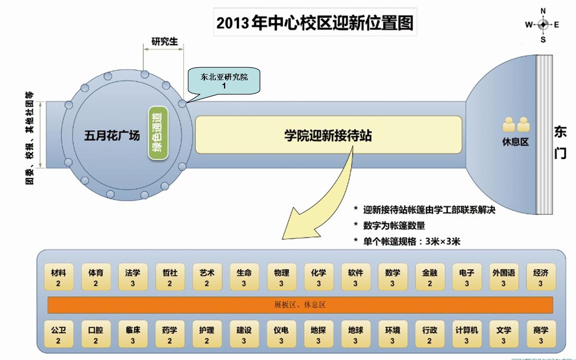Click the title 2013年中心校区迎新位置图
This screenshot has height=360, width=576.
click(x=315, y=23)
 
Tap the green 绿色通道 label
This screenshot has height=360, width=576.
click(x=158, y=133)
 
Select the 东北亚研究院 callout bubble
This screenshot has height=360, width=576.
click(x=224, y=81)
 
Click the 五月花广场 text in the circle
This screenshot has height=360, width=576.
click(x=112, y=136)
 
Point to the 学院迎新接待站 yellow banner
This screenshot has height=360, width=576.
click(x=328, y=135)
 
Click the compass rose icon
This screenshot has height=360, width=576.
click(x=543, y=25)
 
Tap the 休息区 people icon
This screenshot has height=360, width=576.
click(x=516, y=125)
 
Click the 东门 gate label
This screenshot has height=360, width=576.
click(x=560, y=142)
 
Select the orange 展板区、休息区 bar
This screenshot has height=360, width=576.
click(x=300, y=305)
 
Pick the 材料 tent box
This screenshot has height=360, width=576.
click(x=58, y=277)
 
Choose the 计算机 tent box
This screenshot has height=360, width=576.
click(x=467, y=335)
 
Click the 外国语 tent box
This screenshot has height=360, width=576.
click(x=503, y=277)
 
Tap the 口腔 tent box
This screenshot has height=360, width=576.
click(x=96, y=335)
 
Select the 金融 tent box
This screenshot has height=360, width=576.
click(x=429, y=277)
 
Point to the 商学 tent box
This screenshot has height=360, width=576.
click(x=541, y=335)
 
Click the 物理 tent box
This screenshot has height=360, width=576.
click(x=281, y=277)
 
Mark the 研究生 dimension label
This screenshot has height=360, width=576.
click(x=164, y=41)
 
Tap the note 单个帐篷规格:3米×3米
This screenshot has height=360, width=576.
click(x=407, y=242)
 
